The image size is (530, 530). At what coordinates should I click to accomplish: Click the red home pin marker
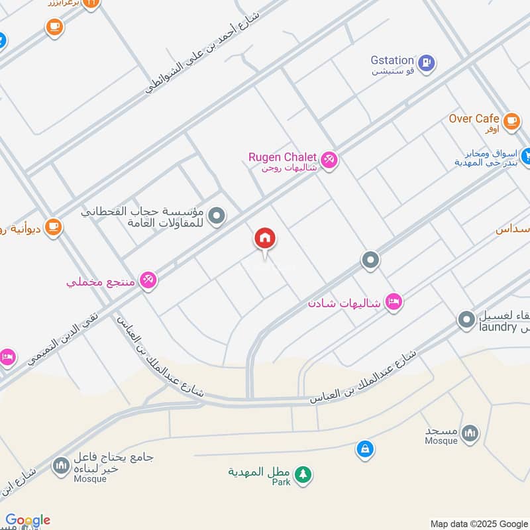click(265, 238)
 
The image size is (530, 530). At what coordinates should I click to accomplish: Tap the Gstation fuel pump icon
click(427, 63)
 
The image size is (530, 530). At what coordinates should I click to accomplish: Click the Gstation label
click(392, 60)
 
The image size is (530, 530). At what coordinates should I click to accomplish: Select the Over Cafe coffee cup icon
click(511, 121)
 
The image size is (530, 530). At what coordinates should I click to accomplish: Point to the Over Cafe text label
click(474, 119)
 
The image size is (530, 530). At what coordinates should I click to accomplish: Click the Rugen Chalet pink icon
click(329, 160)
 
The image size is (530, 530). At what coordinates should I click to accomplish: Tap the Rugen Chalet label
click(282, 157)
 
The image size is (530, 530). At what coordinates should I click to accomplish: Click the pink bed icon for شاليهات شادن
click(394, 301)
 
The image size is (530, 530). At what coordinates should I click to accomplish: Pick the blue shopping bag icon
click(364, 449)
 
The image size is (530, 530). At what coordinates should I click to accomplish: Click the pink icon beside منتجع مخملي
click(148, 280)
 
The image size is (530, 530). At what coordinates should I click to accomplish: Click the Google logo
click(28, 520)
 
